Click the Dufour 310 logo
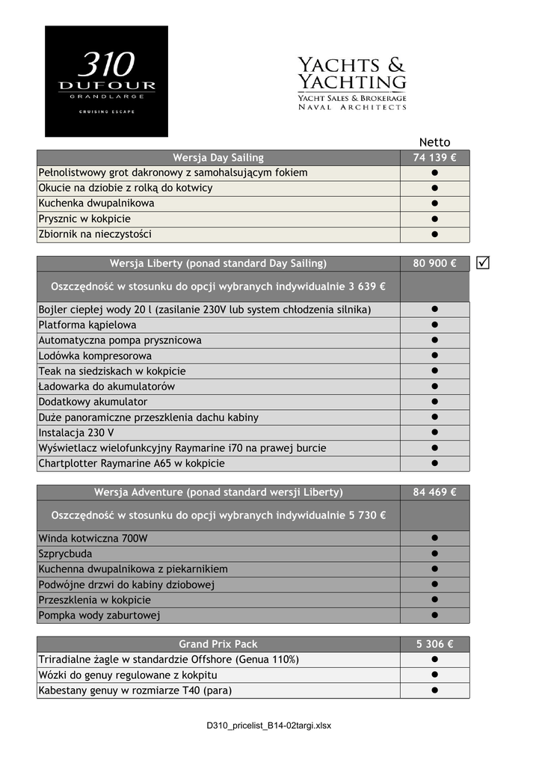106,81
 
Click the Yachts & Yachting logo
352,83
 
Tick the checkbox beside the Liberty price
483,263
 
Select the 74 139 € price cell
434,158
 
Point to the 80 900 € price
434,263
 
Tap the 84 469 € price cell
434,492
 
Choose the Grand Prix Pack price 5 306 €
434,644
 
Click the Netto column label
434,142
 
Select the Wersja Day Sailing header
218,158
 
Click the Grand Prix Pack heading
218,644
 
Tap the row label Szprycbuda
66,554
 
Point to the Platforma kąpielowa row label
87,325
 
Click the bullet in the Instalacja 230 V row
434,432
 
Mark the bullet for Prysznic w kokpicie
434,219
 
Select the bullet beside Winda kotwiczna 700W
434,538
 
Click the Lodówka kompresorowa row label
95,356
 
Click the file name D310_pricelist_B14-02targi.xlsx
270,726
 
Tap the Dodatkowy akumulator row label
93,402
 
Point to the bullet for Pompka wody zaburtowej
434,615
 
